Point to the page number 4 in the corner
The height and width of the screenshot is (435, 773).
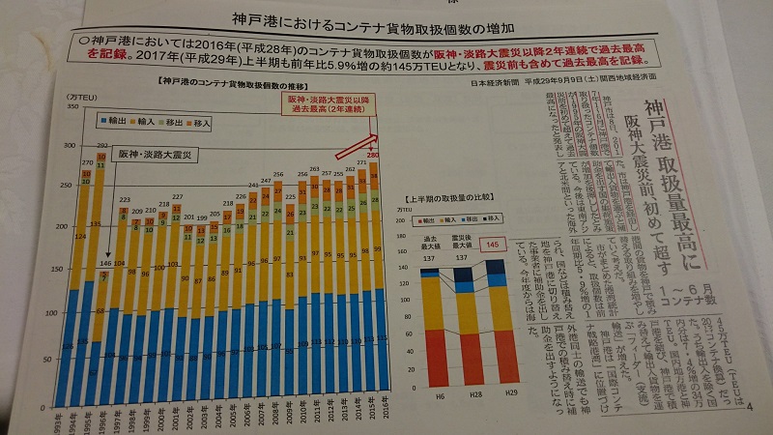click(751, 403)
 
